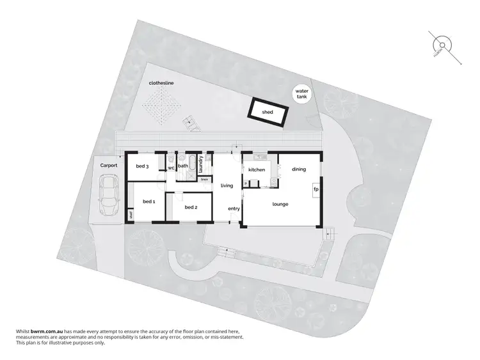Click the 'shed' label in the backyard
click(x=267, y=111)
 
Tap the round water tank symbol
click(x=301, y=95)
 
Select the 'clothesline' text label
click(x=161, y=83)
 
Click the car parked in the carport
click(x=108, y=196)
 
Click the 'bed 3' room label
click(x=142, y=167)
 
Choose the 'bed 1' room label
click(x=148, y=201)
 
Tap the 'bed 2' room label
click(x=191, y=207)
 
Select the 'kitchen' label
click(x=257, y=169)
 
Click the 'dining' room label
click(x=299, y=169)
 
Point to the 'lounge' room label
click(x=280, y=204)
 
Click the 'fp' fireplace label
click(x=316, y=189)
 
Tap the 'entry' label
click(x=234, y=208)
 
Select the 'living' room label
click(x=227, y=185)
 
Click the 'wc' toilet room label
click(x=171, y=168)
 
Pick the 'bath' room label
click(x=183, y=166)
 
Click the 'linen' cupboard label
click(x=204, y=180)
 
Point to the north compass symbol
click(x=442, y=44)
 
